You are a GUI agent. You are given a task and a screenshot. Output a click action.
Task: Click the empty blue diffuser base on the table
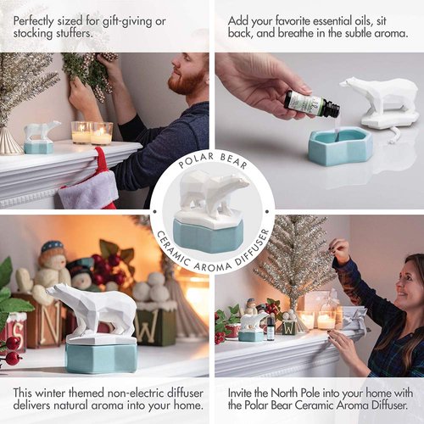[x=339, y=145]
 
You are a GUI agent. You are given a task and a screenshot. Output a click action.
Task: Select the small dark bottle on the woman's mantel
[x=271, y=327]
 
